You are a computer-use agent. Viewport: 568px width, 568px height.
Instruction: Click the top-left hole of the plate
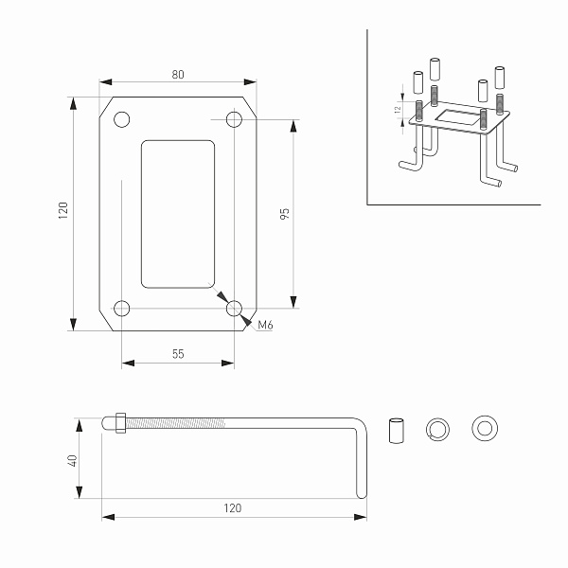pyautogui.click(x=121, y=120)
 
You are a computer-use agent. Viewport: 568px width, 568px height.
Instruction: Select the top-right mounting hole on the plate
pyautogui.click(x=235, y=120)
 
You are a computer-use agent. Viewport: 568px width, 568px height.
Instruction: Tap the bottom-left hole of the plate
pyautogui.click(x=121, y=309)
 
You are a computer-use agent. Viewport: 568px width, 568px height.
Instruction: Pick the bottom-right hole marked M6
pyautogui.click(x=235, y=309)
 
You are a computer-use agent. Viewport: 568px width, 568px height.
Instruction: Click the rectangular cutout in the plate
pyautogui.click(x=177, y=214)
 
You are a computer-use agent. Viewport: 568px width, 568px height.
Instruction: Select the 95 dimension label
pyautogui.click(x=285, y=214)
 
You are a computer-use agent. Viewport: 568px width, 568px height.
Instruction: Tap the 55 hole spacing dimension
pyautogui.click(x=178, y=353)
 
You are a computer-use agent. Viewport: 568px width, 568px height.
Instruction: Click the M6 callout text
pyautogui.click(x=266, y=327)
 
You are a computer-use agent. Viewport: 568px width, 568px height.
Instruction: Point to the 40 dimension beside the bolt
pyautogui.click(x=72, y=460)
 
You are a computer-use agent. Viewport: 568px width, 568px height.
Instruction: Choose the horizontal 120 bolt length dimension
pyautogui.click(x=233, y=508)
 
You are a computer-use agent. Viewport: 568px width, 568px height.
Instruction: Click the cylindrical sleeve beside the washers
pyautogui.click(x=397, y=429)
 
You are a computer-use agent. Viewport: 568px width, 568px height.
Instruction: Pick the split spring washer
pyautogui.click(x=439, y=429)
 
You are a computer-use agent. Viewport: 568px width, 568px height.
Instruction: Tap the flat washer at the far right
pyautogui.click(x=486, y=429)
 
